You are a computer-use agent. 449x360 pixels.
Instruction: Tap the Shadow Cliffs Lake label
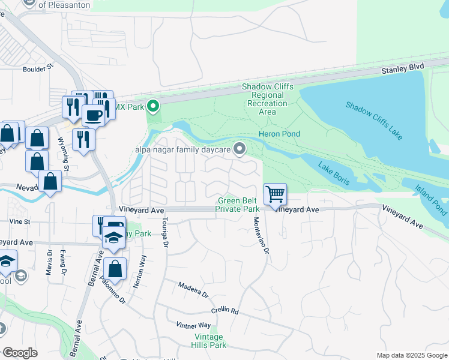[x=374, y=121]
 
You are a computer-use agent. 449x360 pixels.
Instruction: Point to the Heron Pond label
[x=279, y=134]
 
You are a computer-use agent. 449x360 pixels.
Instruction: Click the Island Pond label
[x=431, y=199]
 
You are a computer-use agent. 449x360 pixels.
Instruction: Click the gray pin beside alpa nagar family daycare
[x=241, y=148]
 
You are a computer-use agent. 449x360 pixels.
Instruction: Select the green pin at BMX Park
[x=153, y=107]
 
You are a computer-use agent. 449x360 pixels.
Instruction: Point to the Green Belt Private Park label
[x=238, y=205]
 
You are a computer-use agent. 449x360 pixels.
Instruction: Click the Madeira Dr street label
[x=194, y=290]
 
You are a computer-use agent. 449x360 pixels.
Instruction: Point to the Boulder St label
[x=34, y=69]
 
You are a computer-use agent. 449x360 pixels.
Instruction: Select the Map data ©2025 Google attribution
[x=411, y=355]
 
